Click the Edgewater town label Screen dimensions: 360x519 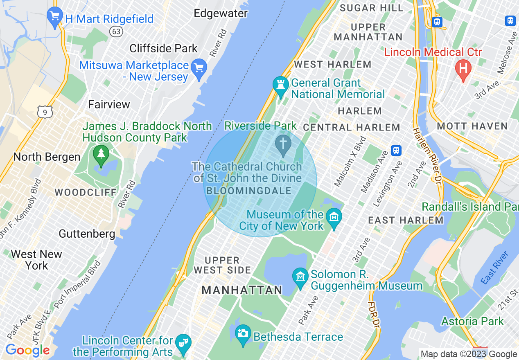coord(221,13)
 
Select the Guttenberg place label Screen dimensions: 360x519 coord(87,234)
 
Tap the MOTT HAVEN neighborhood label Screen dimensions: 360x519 coord(472,126)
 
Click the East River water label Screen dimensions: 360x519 coord(494,268)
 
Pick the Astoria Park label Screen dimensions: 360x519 coord(472,321)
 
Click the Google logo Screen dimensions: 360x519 coord(27,350)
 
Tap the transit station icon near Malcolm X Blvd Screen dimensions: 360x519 coord(396,150)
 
